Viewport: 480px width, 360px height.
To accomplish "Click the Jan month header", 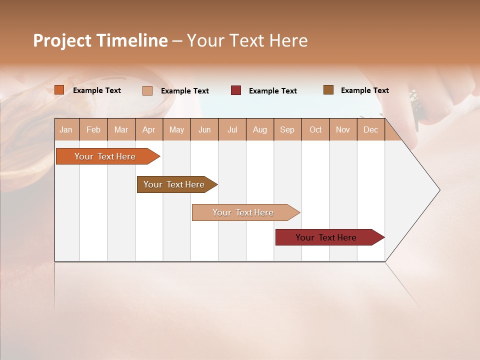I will pos(66,129).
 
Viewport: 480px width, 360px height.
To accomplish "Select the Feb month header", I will pos(93,129).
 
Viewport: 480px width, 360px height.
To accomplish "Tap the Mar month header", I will pos(121,129).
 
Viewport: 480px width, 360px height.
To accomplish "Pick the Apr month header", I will pos(149,129).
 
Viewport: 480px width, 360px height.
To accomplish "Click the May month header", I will pos(176,129).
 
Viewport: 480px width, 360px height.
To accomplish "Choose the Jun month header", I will pos(204,129).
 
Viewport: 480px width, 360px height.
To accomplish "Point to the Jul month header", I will pos(232,129).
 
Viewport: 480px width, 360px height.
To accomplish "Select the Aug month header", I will pos(260,129).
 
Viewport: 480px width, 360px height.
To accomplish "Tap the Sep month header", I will pos(287,129).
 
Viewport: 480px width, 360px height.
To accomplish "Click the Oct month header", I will pos(315,129).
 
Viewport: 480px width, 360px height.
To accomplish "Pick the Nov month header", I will pos(343,129).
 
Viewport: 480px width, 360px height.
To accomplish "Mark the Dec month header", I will pos(371,129).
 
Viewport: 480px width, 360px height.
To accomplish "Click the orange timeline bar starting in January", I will pos(105,156).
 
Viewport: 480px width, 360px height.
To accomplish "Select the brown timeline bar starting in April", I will pos(174,184).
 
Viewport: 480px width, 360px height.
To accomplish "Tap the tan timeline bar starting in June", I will pos(243,212).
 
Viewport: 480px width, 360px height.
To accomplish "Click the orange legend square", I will pos(59,90).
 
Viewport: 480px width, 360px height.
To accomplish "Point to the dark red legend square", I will pos(236,90).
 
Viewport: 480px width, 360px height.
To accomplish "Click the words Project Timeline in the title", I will pos(100,40).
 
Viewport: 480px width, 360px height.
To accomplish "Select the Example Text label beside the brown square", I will pos(364,90).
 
